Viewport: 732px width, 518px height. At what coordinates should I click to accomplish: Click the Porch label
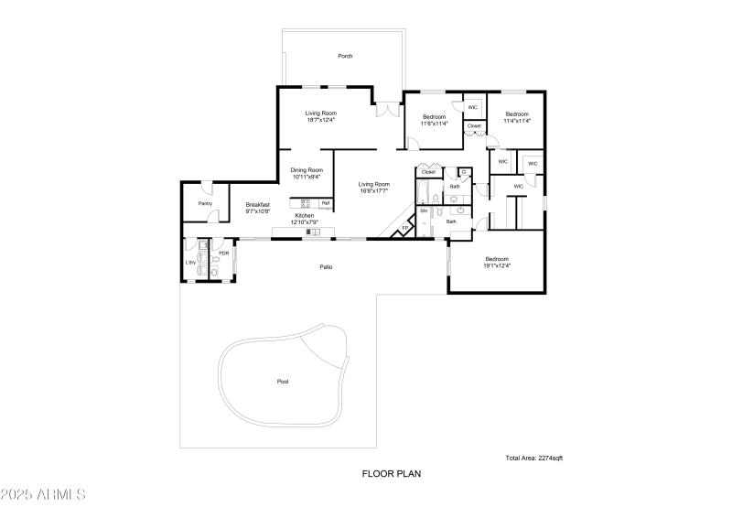point(345,56)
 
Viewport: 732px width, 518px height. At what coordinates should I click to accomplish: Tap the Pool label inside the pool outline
point(283,382)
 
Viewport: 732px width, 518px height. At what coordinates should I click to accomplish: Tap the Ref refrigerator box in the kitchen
point(325,202)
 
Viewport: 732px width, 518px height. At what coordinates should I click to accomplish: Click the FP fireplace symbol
point(405,229)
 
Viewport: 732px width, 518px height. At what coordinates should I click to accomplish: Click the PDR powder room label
point(223,254)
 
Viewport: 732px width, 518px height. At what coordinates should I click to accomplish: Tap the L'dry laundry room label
point(191,263)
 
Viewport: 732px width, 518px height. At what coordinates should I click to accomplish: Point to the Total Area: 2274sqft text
point(534,458)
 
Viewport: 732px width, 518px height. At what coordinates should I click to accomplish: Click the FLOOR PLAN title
point(391,474)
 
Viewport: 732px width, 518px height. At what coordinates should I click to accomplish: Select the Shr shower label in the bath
point(424,211)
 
